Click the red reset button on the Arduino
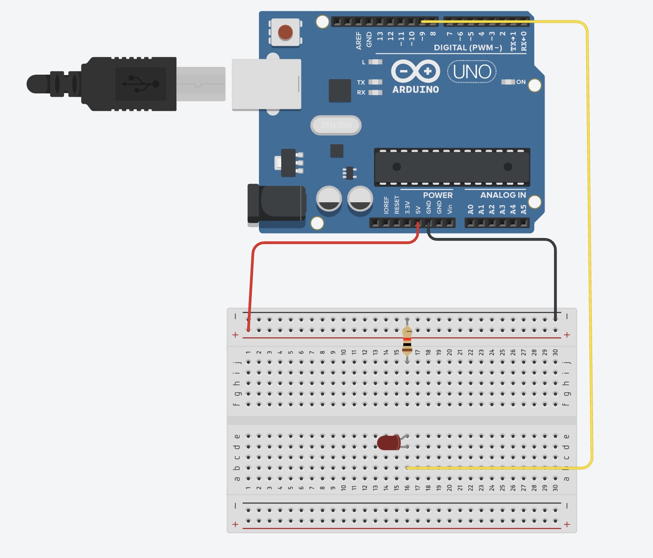click(285, 32)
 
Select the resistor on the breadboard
click(407, 340)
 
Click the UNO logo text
click(472, 72)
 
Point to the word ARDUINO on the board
click(415, 89)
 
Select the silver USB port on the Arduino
click(266, 84)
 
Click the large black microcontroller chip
click(452, 167)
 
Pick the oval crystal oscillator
click(336, 125)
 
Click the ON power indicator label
click(521, 82)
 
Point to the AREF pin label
click(359, 40)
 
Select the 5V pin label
click(418, 209)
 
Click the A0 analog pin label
click(470, 209)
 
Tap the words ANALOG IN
click(503, 195)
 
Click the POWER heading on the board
click(437, 195)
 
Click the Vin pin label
click(450, 209)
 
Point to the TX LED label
click(361, 82)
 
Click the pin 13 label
click(380, 36)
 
